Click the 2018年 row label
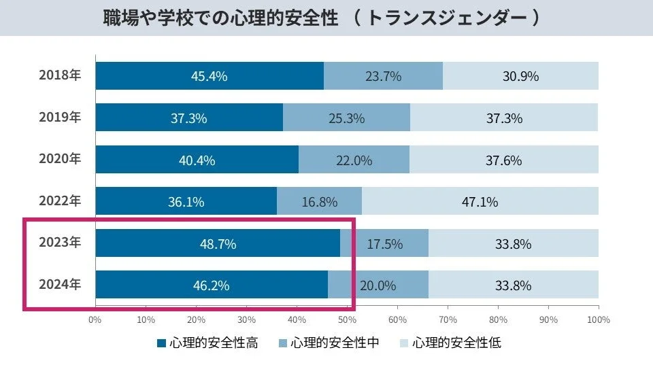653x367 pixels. point(60,75)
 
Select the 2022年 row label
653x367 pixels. point(60,201)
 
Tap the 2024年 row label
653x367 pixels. point(60,285)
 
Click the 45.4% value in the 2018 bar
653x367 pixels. point(209,76)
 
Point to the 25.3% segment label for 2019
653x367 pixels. point(346,118)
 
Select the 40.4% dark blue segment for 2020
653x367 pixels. point(197,160)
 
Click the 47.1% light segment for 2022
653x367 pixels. point(480,202)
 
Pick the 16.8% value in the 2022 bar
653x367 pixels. point(319,202)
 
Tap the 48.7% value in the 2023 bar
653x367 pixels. point(218,244)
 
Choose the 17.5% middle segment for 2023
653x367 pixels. point(384,244)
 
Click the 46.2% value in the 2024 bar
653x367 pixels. point(211,285)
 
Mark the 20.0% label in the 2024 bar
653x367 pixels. point(378,285)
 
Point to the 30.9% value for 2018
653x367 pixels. point(520,76)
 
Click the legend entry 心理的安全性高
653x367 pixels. point(207,343)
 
